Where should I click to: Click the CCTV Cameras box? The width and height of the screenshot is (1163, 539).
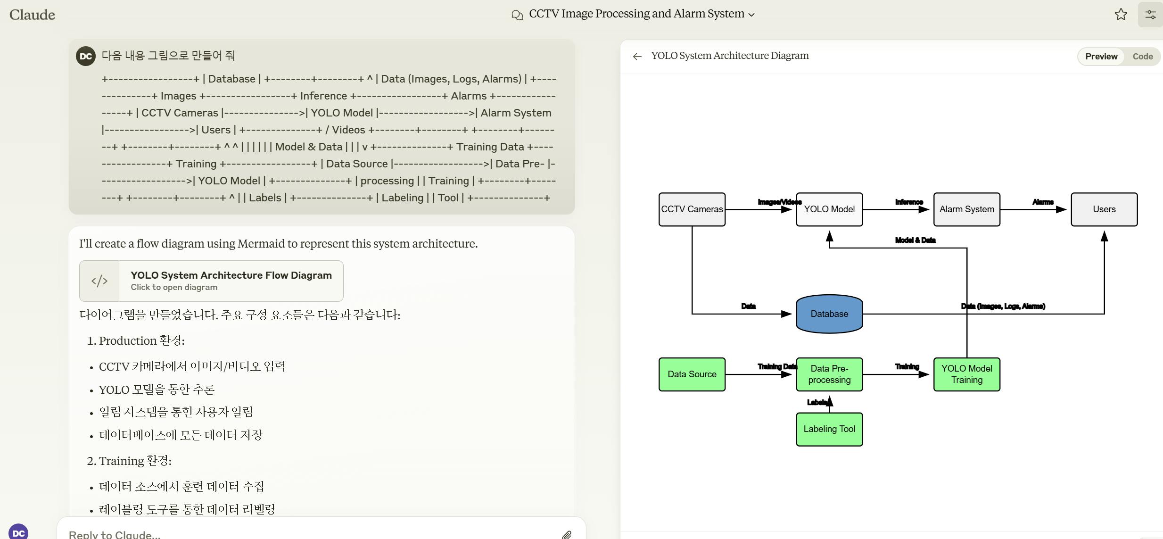(692, 209)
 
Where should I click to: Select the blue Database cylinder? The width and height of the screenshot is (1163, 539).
(829, 314)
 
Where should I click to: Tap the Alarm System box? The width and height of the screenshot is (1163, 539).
(966, 209)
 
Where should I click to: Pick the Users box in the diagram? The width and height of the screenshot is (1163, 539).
(1104, 209)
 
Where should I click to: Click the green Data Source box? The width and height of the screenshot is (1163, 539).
(692, 374)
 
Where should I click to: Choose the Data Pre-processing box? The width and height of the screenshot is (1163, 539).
(829, 374)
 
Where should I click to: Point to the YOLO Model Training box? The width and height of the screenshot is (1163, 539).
(966, 374)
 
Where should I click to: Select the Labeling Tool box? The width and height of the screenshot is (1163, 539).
(829, 429)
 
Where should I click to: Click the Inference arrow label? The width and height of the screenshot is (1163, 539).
(909, 202)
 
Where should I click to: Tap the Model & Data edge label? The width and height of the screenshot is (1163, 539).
(915, 240)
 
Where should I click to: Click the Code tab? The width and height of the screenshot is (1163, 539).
(1142, 57)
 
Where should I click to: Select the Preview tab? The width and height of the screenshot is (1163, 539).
(1101, 57)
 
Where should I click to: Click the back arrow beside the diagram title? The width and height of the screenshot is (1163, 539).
(637, 57)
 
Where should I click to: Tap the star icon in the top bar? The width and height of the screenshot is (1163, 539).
(1121, 15)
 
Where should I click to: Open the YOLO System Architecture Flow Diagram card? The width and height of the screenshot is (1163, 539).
(211, 281)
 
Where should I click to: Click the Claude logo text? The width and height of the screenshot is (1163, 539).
(32, 15)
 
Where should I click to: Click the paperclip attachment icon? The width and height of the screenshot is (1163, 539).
(567, 535)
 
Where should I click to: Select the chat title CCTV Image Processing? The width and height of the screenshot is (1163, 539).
(636, 14)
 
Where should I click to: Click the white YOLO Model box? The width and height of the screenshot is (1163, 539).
(829, 209)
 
